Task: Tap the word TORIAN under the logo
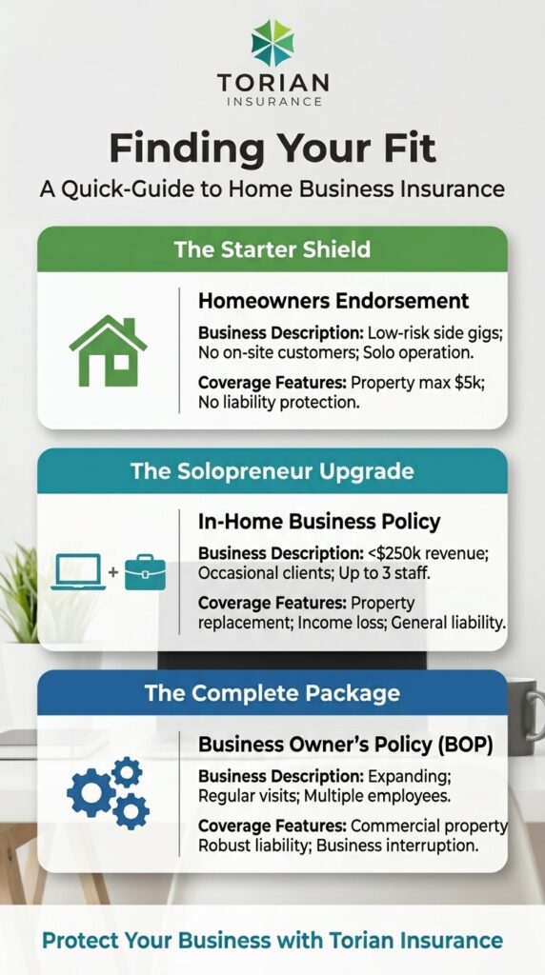click(272, 83)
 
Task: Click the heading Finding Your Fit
click(272, 148)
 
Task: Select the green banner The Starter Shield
click(272, 250)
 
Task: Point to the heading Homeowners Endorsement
click(333, 301)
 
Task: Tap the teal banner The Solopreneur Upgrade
click(272, 470)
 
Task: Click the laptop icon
click(78, 571)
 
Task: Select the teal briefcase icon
click(145, 571)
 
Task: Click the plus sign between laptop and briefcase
click(113, 572)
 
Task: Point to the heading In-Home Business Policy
click(319, 521)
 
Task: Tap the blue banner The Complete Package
click(272, 692)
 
